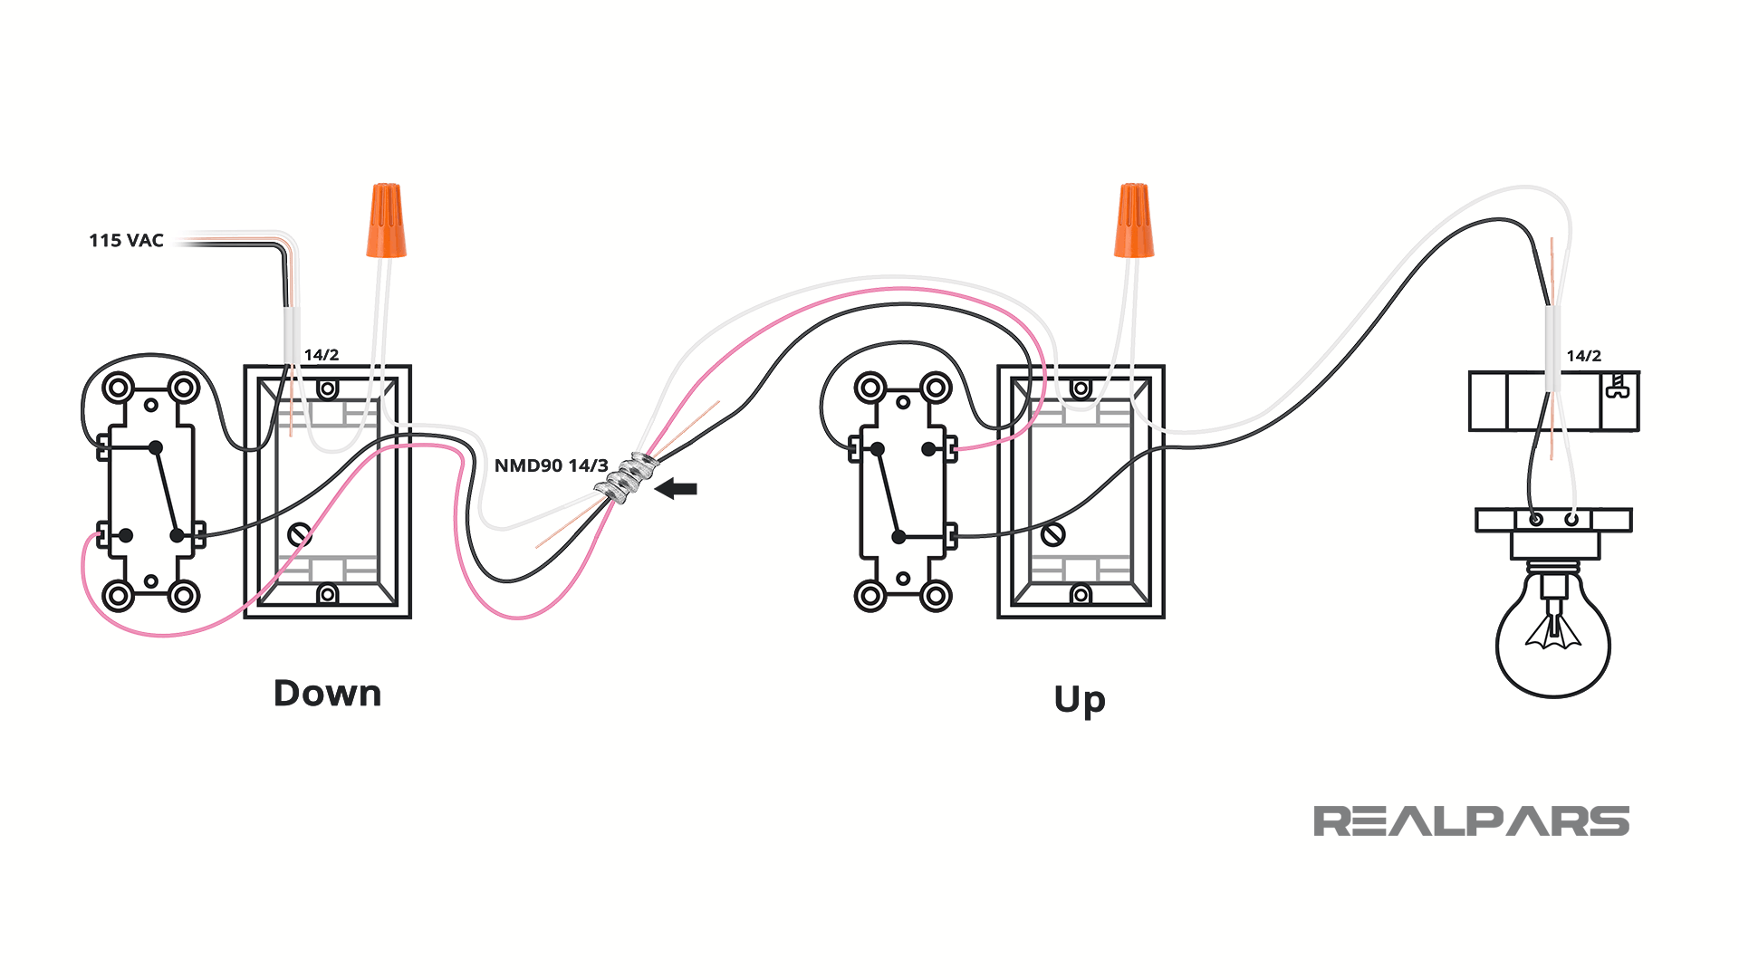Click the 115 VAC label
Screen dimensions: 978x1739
[x=126, y=241]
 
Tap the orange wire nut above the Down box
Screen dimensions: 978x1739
[x=386, y=221]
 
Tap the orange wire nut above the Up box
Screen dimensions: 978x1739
[x=1134, y=221]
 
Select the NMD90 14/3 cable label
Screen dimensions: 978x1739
[x=551, y=466]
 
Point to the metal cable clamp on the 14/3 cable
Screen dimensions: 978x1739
[x=626, y=477]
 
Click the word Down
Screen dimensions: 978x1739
[x=328, y=694]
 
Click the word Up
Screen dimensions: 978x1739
[x=1080, y=700]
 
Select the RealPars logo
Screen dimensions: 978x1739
[x=1471, y=821]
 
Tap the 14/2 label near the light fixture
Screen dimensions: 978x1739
[x=1584, y=357]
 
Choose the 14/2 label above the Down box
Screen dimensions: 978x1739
[x=322, y=355]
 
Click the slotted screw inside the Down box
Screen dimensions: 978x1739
[x=300, y=534]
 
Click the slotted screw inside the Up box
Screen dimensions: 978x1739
[x=1052, y=534]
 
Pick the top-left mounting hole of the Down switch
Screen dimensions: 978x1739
[x=119, y=388]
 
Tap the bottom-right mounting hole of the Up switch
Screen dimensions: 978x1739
[x=936, y=597]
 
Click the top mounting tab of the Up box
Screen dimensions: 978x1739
[x=1081, y=389]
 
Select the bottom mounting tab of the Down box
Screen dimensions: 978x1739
[x=328, y=594]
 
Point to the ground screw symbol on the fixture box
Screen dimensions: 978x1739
[x=1618, y=388]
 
